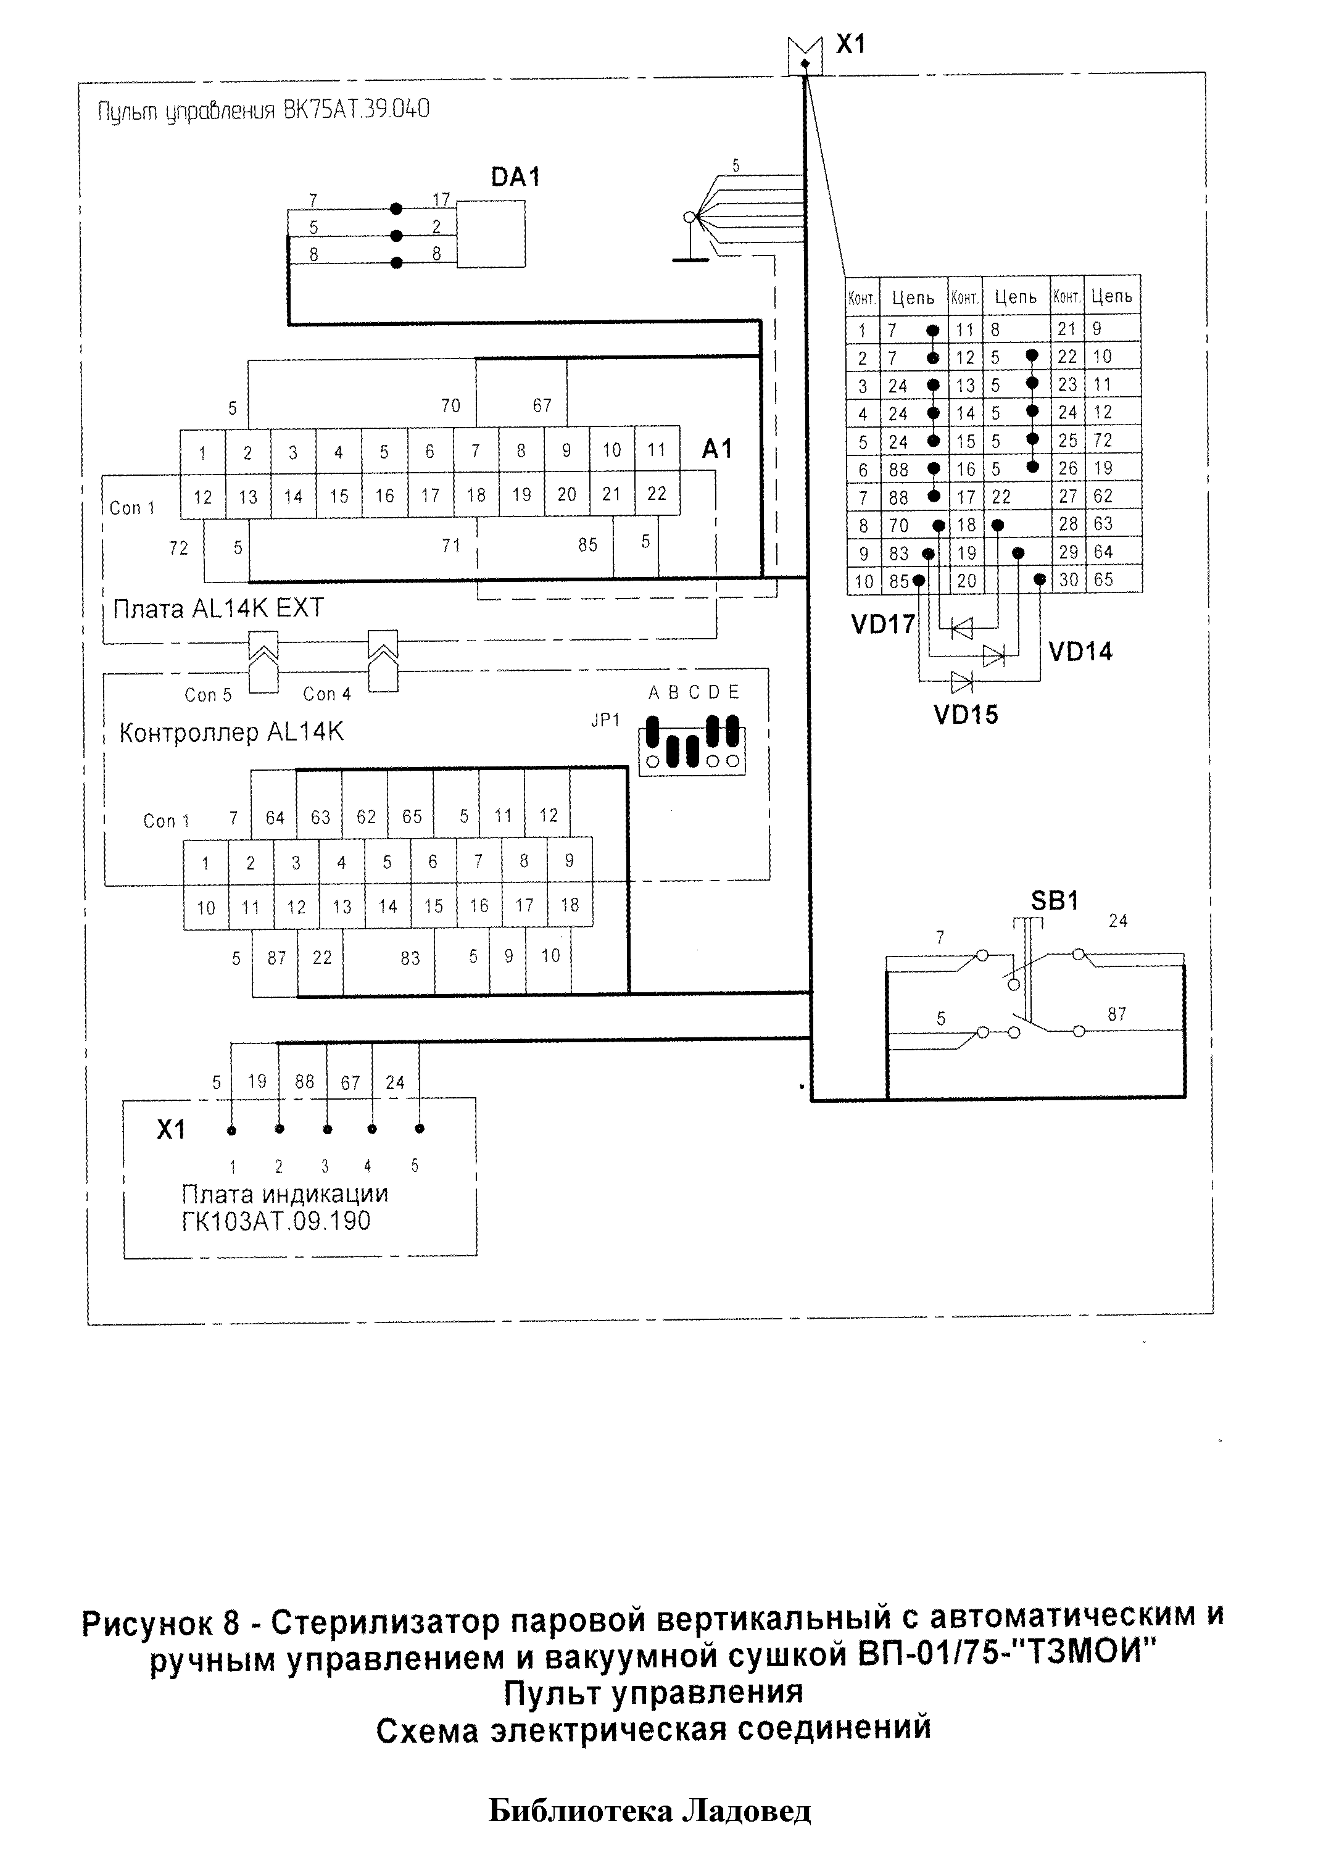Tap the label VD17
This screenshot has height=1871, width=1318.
tap(883, 624)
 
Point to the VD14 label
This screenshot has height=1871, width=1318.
tap(1080, 651)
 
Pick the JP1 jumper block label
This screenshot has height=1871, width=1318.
tap(605, 720)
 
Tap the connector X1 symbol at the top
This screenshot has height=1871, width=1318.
tap(805, 56)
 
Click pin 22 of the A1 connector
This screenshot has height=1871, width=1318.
tap(657, 493)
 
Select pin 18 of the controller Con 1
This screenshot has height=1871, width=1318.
tap(570, 905)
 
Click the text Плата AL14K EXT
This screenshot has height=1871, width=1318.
tap(218, 608)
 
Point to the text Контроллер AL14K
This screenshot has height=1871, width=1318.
tap(231, 732)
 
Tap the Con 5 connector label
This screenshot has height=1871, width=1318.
tap(208, 695)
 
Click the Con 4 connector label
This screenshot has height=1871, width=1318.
tap(327, 694)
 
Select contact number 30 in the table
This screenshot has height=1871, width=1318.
tap(1067, 579)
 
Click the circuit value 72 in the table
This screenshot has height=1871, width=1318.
tap(1103, 440)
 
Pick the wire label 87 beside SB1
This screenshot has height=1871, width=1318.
tap(1117, 1014)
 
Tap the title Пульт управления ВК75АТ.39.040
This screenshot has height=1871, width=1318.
tap(263, 110)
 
